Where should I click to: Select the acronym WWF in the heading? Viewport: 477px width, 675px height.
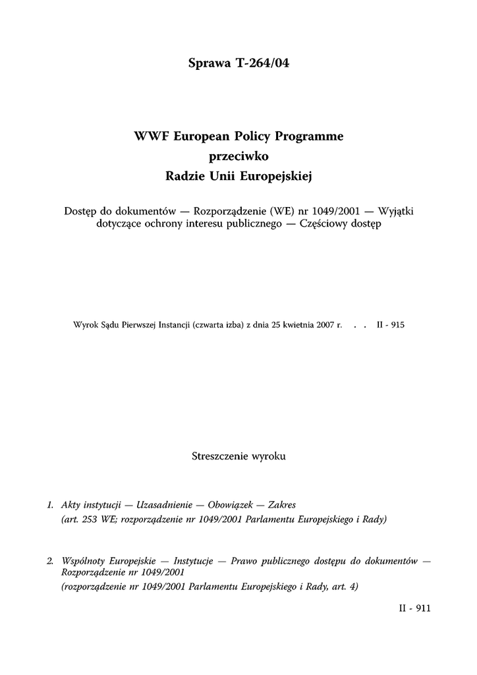[x=151, y=137]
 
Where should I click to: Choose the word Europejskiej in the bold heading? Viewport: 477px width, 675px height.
[x=277, y=176]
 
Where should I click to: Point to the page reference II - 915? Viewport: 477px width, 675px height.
[x=390, y=325]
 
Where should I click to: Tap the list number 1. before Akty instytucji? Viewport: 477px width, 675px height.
[x=50, y=506]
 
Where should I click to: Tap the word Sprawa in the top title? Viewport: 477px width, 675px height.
[x=206, y=65]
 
